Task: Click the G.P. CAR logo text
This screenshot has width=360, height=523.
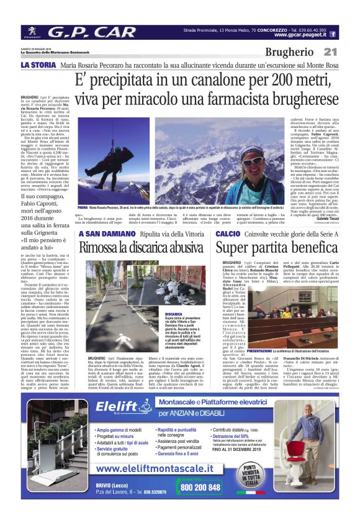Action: [91, 32]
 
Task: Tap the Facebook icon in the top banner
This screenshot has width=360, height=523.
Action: [333, 35]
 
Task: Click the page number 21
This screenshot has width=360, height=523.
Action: [330, 53]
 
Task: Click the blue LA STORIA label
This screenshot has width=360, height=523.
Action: [38, 65]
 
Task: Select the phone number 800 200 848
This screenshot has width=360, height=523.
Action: [200, 488]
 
